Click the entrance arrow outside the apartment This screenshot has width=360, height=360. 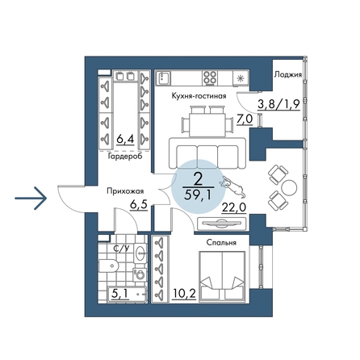(x=31, y=199)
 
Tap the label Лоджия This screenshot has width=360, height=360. (x=288, y=74)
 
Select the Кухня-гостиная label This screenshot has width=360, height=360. (x=199, y=96)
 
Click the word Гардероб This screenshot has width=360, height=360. (x=125, y=157)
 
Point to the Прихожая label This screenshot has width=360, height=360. (x=125, y=191)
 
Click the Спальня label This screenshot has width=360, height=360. (x=221, y=243)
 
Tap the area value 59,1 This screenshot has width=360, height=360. (x=198, y=195)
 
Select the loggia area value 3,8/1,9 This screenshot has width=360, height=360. (x=278, y=104)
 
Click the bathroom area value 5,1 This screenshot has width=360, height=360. (x=119, y=294)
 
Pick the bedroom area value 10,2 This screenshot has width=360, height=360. (x=184, y=294)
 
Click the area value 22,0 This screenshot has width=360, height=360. (x=234, y=207)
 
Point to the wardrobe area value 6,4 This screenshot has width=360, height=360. (x=125, y=140)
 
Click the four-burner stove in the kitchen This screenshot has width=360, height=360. (x=210, y=77)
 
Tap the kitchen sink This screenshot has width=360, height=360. (x=163, y=77)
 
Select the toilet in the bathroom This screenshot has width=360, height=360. (x=108, y=266)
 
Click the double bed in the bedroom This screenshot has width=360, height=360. (x=222, y=275)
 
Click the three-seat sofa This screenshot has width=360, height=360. (x=207, y=153)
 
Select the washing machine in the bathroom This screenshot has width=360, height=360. (x=140, y=275)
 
